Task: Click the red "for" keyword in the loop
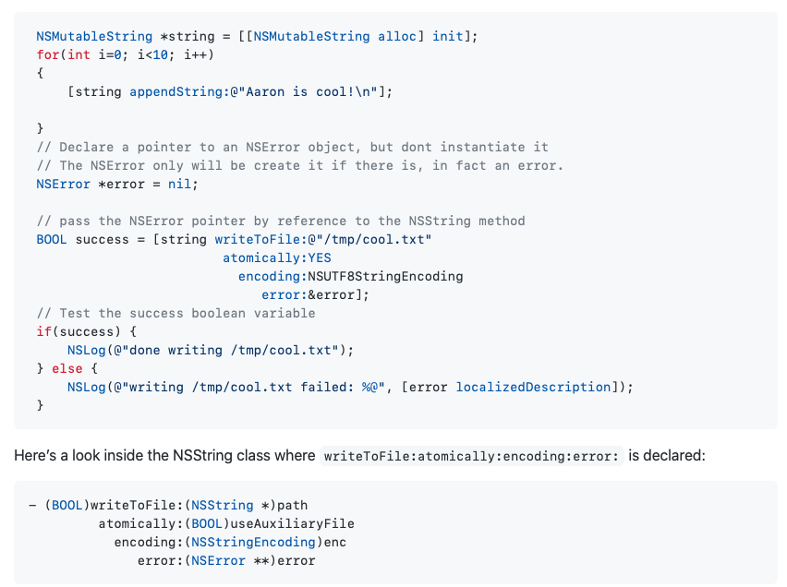48,54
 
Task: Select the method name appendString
176,91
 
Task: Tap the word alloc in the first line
397,36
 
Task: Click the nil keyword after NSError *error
180,184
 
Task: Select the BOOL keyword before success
52,239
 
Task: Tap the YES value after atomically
320,258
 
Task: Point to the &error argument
339,294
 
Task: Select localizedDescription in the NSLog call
533,387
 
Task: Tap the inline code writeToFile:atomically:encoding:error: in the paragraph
472,456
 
